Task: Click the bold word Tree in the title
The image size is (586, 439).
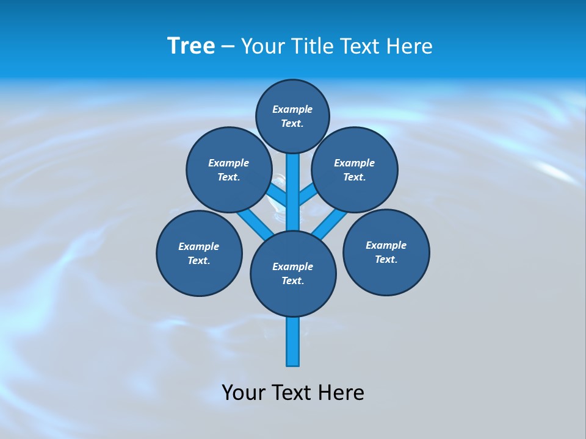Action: [191, 46]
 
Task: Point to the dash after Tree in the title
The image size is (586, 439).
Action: [228, 47]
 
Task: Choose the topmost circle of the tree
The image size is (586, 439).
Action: [292, 116]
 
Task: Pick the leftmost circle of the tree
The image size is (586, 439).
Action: [199, 253]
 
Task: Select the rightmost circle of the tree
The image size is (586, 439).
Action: [386, 252]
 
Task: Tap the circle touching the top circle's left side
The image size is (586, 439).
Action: [229, 170]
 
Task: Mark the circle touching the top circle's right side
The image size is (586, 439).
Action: [355, 170]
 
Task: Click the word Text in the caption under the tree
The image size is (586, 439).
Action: [291, 393]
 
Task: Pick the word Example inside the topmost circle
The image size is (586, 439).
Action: [292, 110]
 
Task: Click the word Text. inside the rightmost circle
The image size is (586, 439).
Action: [386, 260]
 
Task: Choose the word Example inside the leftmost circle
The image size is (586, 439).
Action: [198, 247]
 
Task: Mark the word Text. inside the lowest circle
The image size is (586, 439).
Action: [292, 281]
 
